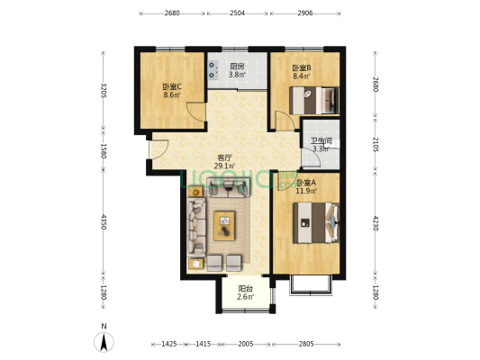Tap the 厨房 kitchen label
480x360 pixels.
(238, 67)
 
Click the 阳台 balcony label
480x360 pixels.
(245, 289)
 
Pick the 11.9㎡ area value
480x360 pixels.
(306, 191)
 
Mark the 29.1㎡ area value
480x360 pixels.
(224, 166)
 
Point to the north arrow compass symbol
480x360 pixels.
(105, 341)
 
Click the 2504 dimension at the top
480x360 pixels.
(238, 13)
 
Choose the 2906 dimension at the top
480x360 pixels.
(305, 13)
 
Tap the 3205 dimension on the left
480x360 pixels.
(104, 90)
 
